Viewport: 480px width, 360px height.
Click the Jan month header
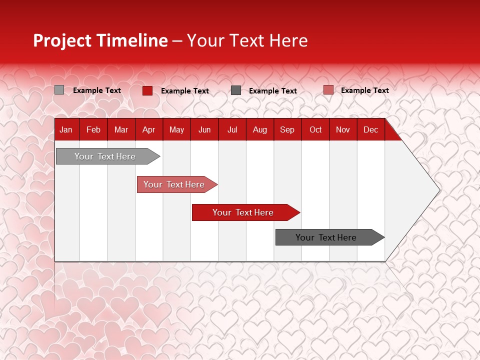(66, 129)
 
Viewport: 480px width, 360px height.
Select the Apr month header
(148, 129)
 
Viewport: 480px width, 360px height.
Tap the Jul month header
(232, 129)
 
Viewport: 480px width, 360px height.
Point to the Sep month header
(287, 129)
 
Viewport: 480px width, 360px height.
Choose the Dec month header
(370, 129)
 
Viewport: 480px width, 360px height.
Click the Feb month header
(93, 129)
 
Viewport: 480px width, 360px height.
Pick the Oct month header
(315, 129)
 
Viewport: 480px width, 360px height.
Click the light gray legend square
(59, 90)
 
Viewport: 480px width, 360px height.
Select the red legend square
(147, 90)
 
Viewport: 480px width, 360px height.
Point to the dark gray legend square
(236, 90)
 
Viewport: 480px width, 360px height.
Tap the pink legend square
(328, 90)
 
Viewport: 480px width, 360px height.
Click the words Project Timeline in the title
(100, 40)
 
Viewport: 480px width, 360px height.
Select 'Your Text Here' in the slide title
(247, 40)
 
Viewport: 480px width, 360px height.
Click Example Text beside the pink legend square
(364, 90)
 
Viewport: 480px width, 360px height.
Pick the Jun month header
(204, 129)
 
